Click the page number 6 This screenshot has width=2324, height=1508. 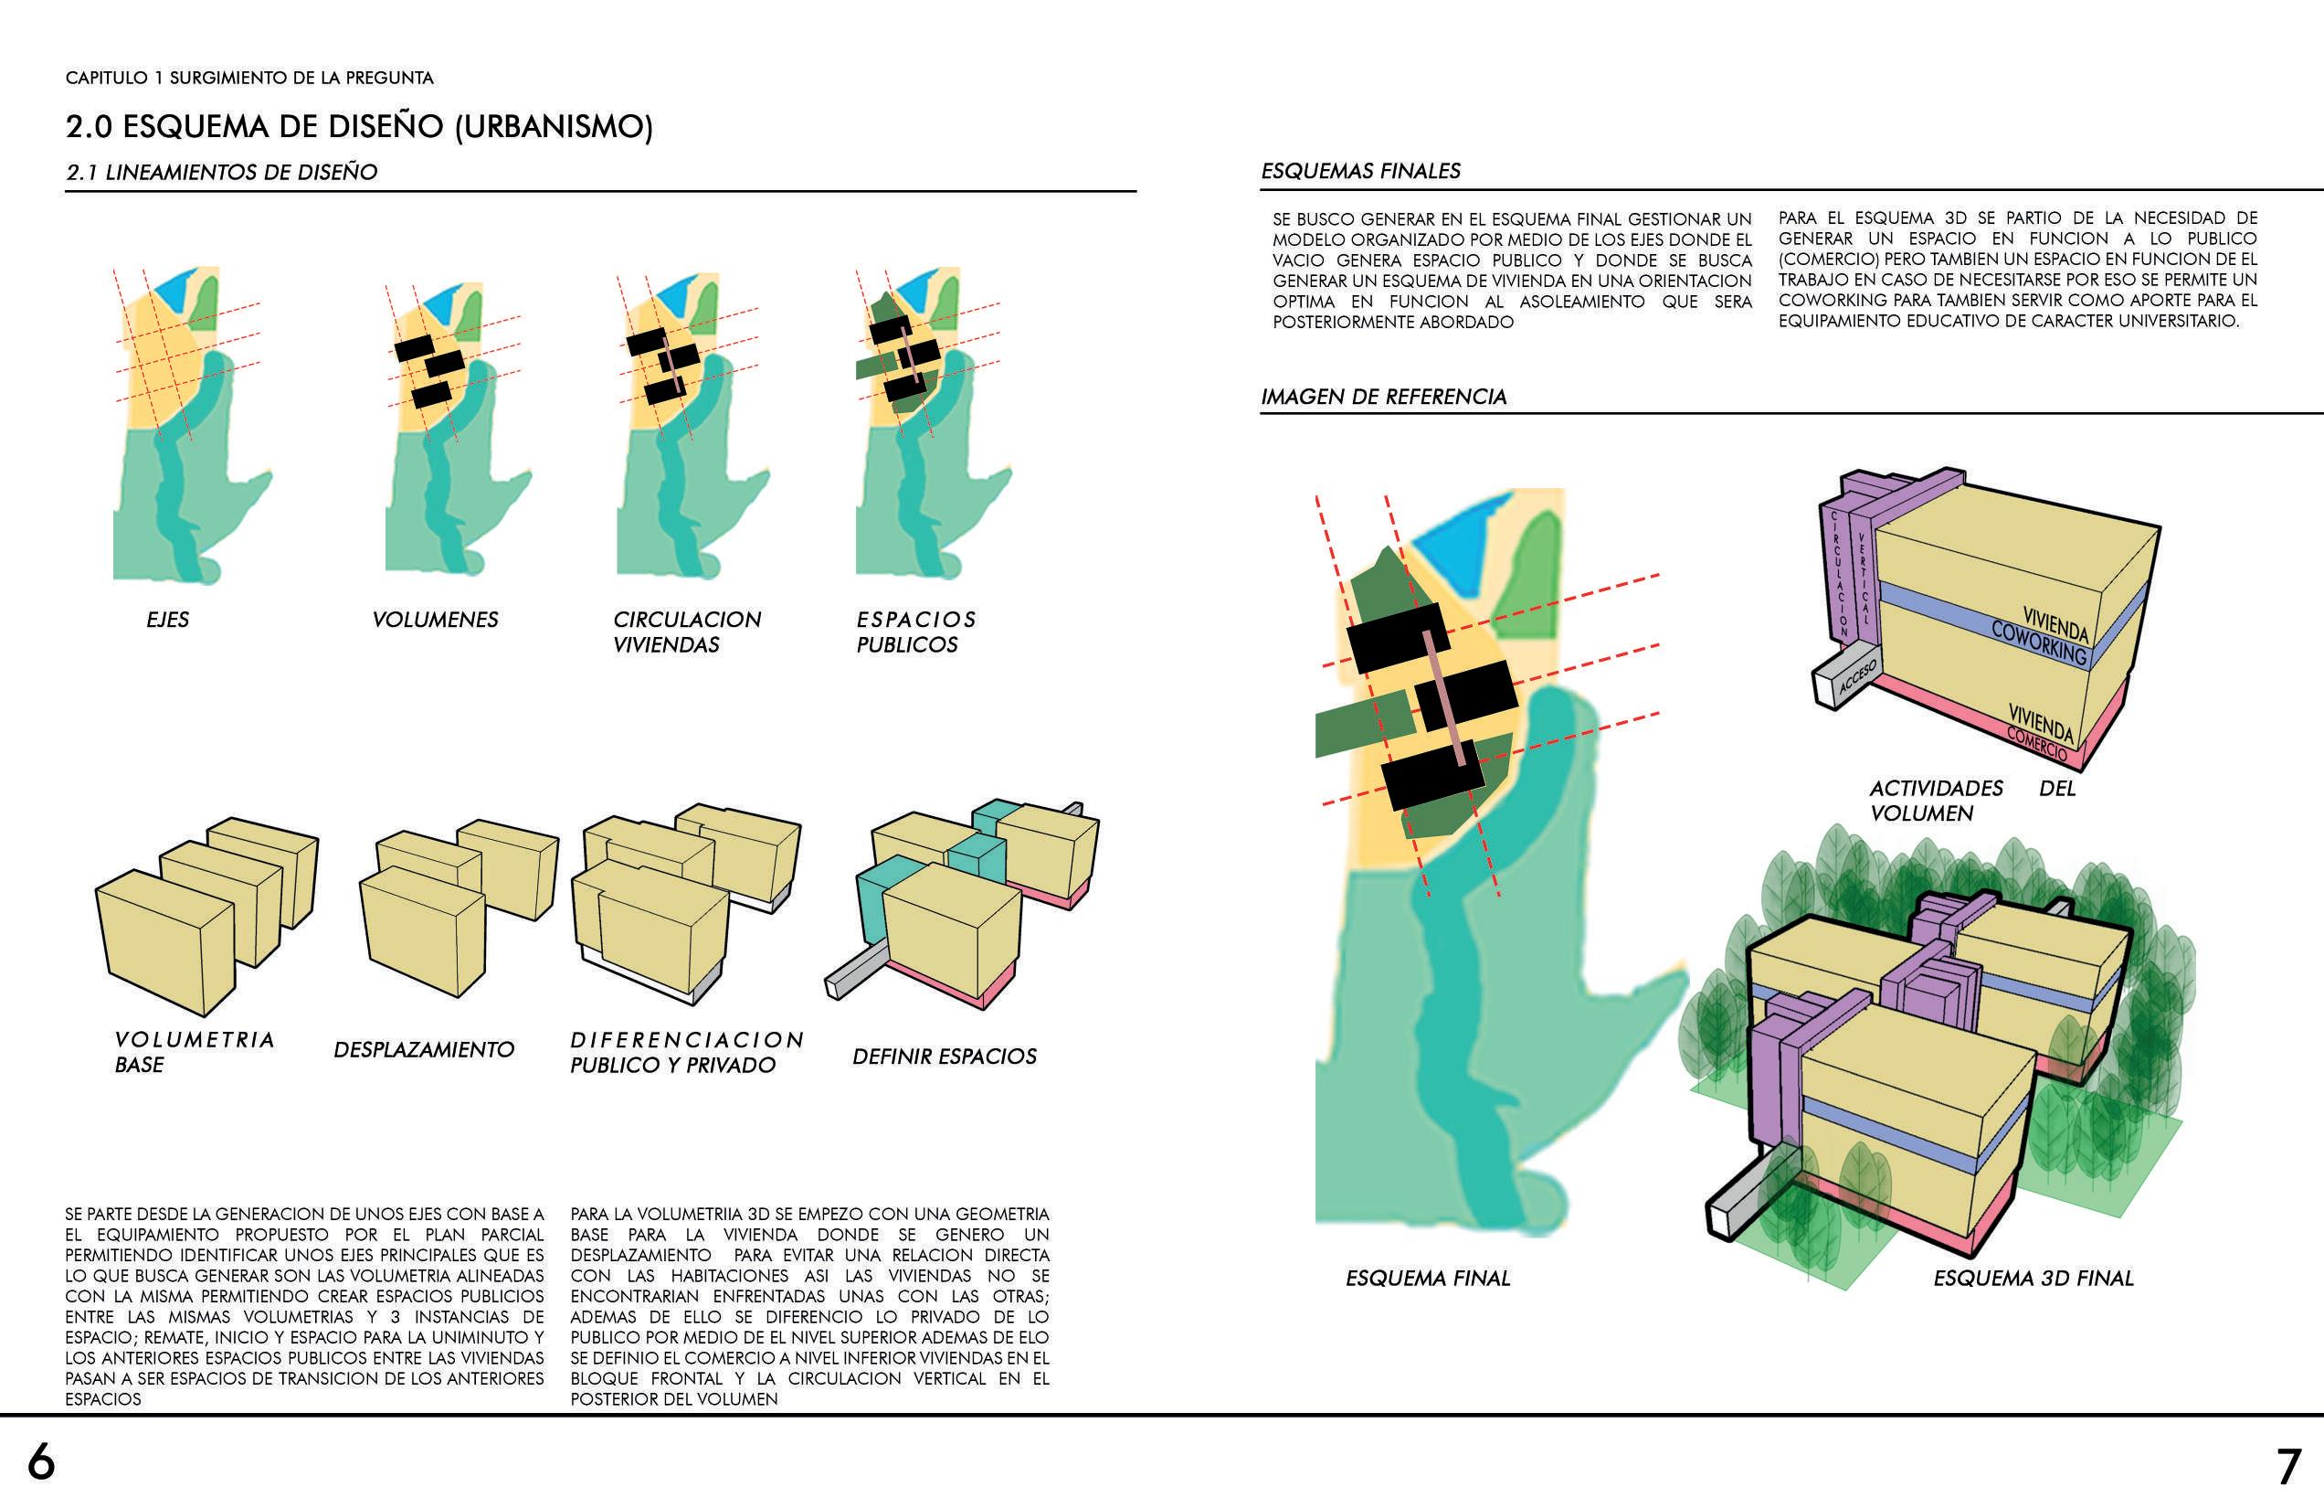41,1462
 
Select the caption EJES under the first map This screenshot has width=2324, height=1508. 168,620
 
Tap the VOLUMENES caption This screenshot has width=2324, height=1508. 436,620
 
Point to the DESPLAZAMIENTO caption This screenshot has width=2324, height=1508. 424,1049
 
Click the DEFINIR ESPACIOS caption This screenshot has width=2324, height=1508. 945,1056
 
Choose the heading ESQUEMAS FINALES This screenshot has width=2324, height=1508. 1360,171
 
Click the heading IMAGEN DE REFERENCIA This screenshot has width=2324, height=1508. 1384,397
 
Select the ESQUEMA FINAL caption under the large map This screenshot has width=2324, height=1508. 1428,1278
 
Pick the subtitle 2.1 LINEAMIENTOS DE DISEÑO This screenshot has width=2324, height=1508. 222,172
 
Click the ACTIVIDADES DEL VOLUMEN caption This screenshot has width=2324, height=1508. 1936,800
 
